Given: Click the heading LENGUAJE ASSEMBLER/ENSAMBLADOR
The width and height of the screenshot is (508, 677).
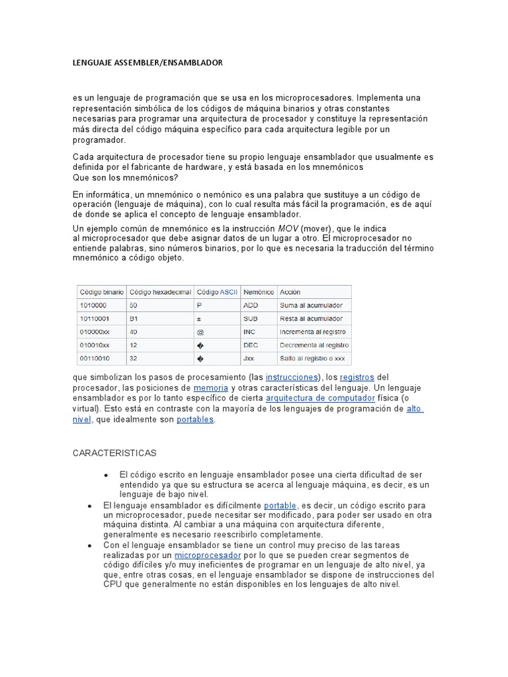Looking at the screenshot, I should (148, 63).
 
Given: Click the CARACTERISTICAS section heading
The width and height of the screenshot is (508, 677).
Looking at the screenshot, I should (114, 453).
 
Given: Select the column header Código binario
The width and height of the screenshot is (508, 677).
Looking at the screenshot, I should (101, 292).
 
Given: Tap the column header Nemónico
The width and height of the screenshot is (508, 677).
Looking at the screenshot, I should (259, 292).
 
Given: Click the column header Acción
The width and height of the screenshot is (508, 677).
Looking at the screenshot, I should (290, 292).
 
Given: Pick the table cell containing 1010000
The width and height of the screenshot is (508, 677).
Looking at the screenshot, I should (93, 305).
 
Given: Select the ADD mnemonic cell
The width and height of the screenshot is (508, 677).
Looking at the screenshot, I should (251, 305).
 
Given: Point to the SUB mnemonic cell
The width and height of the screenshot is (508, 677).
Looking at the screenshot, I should (251, 319).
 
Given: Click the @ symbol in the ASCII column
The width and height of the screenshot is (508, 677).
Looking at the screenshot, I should (200, 332).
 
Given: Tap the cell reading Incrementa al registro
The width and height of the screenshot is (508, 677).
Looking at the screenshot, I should (313, 332).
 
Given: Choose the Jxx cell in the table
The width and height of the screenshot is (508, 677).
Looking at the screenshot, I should (249, 359).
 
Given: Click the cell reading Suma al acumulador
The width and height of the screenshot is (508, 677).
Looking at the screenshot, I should (311, 305).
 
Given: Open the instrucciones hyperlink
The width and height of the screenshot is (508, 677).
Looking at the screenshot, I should (292, 377).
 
